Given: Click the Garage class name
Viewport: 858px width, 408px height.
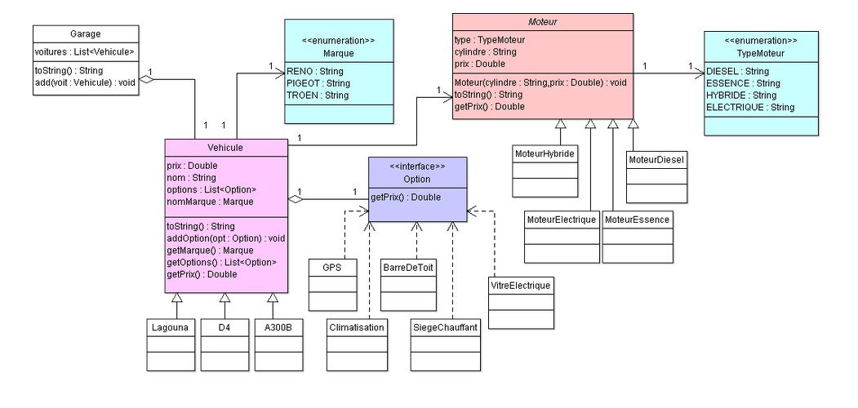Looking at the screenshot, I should click(86, 34).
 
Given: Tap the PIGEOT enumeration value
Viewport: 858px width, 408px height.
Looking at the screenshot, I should click(318, 83).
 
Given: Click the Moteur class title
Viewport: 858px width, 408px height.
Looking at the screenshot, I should click(543, 23).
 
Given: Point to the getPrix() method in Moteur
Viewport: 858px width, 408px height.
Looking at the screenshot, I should click(489, 107).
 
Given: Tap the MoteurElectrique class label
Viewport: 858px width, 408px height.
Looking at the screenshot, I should click(561, 220).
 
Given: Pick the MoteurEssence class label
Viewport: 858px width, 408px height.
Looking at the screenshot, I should click(638, 220).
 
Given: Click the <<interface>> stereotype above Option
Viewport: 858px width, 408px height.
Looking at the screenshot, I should click(418, 166).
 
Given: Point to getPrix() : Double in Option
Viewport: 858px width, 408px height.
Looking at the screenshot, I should click(406, 197).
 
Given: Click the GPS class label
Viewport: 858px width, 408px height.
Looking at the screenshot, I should click(332, 268).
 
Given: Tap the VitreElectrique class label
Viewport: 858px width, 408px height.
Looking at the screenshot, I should click(521, 286).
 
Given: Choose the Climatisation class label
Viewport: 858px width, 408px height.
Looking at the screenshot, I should click(356, 327).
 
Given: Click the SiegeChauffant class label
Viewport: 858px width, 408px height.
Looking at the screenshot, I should click(444, 327).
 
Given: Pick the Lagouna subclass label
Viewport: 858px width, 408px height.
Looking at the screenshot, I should click(170, 327).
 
